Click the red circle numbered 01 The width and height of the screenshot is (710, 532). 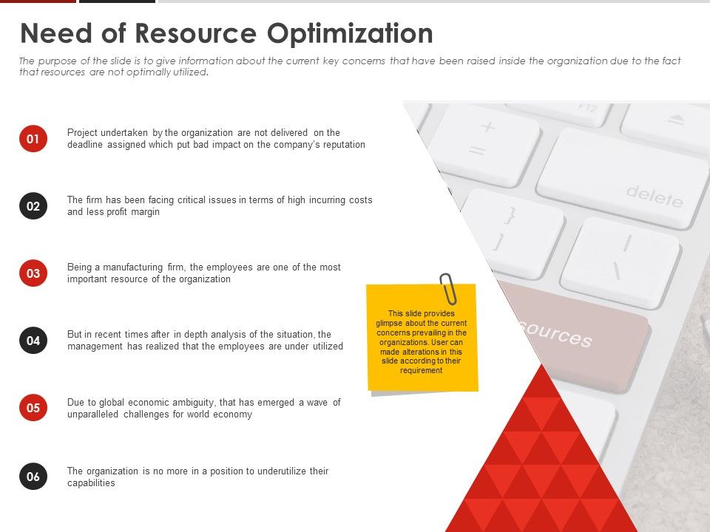(x=33, y=138)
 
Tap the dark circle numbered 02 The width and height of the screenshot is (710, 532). (x=33, y=206)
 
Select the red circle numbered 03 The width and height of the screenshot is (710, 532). (x=33, y=273)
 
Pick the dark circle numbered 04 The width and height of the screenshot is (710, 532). (x=33, y=341)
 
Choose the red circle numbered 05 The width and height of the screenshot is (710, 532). (x=33, y=408)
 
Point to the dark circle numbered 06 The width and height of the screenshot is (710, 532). (x=33, y=477)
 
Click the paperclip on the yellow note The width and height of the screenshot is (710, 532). (x=448, y=288)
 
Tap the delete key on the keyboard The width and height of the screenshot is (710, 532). (x=621, y=181)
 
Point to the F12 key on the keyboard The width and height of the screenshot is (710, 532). (x=569, y=111)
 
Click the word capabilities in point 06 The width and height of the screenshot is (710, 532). (x=91, y=483)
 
